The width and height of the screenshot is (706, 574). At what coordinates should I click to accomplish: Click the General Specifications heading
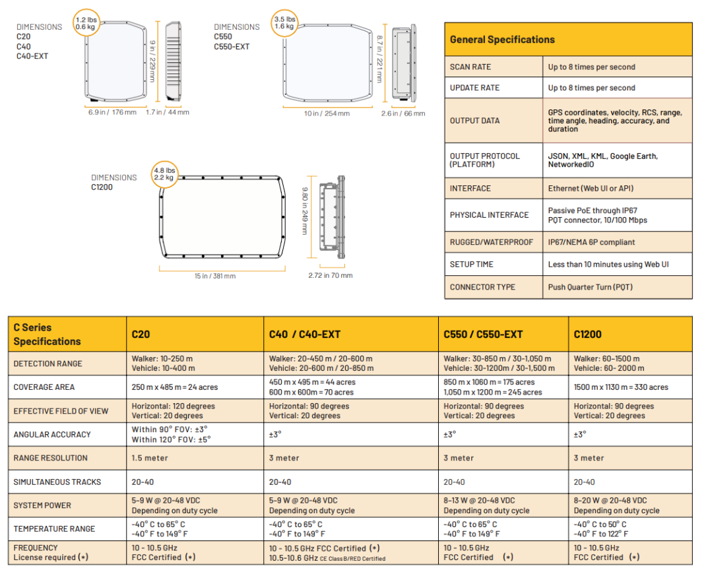[x=502, y=40]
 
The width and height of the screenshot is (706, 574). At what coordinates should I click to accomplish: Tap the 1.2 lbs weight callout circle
[x=86, y=24]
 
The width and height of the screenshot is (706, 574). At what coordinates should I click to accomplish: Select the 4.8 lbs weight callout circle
[x=164, y=173]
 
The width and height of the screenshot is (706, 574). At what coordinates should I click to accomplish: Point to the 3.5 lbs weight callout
[x=284, y=23]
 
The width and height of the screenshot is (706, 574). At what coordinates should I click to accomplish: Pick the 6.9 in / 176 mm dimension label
[x=112, y=112]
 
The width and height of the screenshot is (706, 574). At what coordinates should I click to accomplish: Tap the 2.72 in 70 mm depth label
[x=330, y=275]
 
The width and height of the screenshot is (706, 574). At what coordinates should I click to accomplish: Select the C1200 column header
[x=588, y=335]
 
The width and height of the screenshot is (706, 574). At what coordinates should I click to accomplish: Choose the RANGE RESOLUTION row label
[x=50, y=458]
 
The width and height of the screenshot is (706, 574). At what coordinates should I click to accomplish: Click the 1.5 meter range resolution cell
[x=150, y=458]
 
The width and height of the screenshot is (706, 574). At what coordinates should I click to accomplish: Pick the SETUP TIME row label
[x=472, y=264]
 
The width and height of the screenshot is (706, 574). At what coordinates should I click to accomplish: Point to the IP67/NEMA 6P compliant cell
[x=591, y=242]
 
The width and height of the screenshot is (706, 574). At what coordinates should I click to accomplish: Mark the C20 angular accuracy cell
[x=170, y=434]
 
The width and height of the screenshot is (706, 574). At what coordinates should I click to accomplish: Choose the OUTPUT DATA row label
[x=474, y=121]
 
